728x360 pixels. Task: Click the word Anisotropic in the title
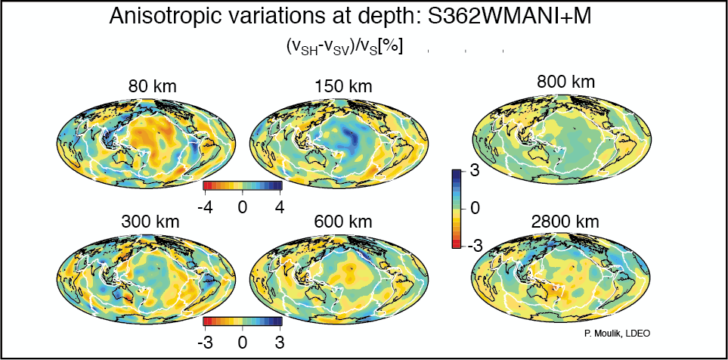click(x=162, y=15)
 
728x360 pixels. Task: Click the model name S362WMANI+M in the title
click(x=510, y=15)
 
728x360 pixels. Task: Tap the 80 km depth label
click(x=152, y=87)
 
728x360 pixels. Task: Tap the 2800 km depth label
click(x=562, y=222)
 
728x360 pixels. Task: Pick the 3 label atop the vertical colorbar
click(x=475, y=172)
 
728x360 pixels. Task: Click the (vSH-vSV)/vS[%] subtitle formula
click(x=344, y=46)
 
